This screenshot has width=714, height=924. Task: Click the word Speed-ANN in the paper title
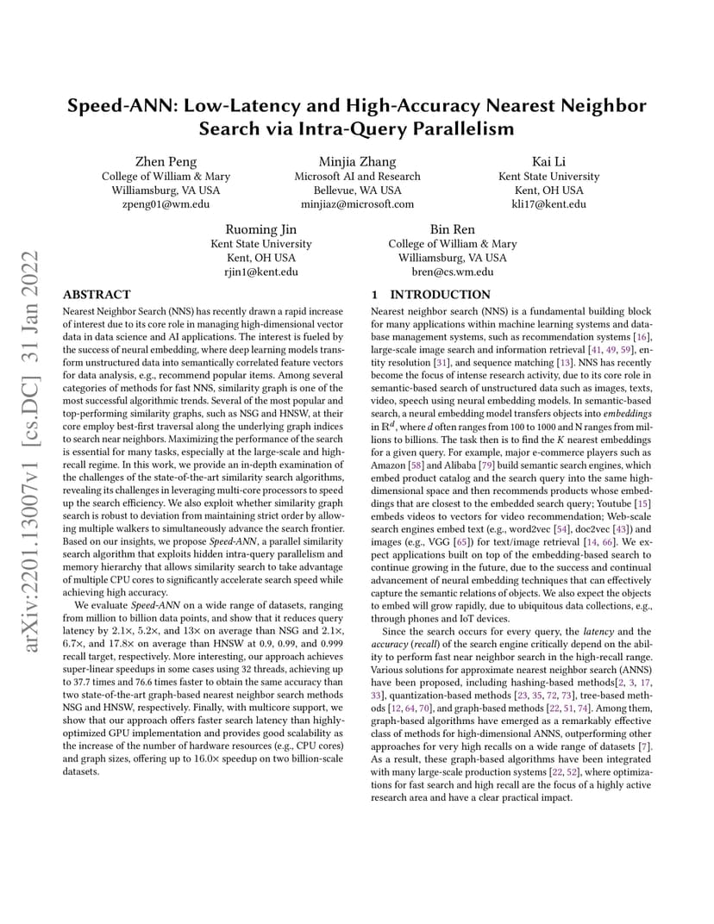click(x=118, y=106)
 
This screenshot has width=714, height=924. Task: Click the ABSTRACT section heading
click(x=97, y=295)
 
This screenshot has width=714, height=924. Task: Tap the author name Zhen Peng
click(x=166, y=162)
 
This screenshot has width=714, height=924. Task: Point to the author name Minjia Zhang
click(x=357, y=162)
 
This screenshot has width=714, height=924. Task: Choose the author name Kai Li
click(x=548, y=162)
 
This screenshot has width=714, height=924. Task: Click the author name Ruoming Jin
click(x=261, y=230)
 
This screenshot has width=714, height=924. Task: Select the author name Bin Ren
click(x=453, y=230)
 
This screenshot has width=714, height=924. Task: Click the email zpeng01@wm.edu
click(x=166, y=204)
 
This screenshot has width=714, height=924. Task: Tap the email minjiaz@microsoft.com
click(x=357, y=204)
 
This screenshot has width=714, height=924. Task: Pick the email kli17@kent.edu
click(x=548, y=204)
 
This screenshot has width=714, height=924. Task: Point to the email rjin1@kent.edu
click(x=261, y=272)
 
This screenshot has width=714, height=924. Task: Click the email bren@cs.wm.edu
click(x=453, y=272)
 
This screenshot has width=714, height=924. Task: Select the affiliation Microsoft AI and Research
click(x=357, y=177)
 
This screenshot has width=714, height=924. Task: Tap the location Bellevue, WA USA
click(x=357, y=190)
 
